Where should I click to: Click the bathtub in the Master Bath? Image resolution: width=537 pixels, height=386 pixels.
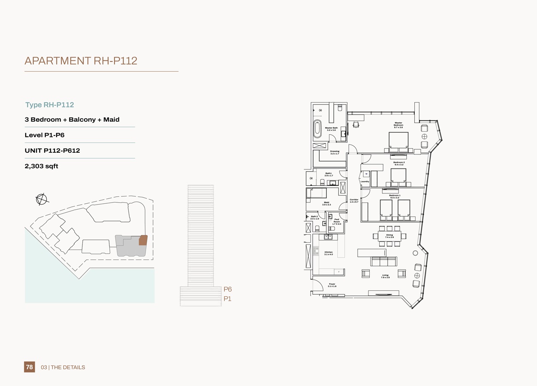317,129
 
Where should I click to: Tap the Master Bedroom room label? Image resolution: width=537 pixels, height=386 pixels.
398,125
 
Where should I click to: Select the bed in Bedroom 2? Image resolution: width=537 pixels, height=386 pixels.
398,176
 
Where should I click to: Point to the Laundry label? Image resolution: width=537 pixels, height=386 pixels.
365,181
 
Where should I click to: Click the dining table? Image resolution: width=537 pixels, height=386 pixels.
389,236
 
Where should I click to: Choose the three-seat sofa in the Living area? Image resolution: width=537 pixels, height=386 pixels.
383,261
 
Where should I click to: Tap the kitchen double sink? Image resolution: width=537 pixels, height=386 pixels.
329,237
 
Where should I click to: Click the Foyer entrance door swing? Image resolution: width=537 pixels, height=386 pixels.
317,285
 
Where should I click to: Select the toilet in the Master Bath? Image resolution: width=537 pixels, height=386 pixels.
340,108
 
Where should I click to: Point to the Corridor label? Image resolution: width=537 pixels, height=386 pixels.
354,201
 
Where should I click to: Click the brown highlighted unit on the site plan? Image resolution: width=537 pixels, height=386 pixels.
143,240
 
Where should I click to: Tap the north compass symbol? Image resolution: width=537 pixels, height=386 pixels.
42,199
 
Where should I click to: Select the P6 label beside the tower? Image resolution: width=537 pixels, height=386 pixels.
227,289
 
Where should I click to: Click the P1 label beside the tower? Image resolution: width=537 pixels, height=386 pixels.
227,299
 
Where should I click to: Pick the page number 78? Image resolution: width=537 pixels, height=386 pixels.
29,367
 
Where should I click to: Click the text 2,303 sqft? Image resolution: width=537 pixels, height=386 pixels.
41,166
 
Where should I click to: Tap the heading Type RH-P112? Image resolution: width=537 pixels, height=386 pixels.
50,105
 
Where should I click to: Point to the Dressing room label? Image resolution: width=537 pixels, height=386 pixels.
335,152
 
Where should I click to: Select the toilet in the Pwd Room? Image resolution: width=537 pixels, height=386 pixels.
332,229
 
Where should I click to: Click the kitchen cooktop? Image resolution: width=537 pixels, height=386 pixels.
316,251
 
